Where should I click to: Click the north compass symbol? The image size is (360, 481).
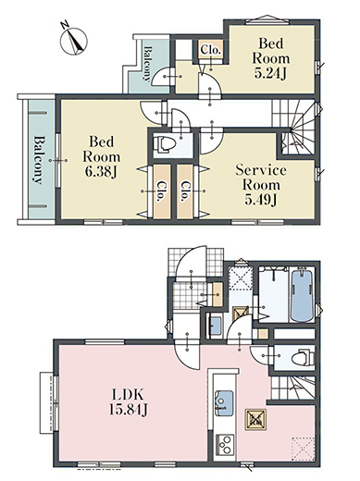[73, 40]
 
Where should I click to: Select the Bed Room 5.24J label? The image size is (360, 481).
[271, 58]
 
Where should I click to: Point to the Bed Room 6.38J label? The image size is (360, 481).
[102, 156]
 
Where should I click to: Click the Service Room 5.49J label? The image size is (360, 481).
[261, 185]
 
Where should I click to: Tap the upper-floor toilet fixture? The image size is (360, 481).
[166, 144]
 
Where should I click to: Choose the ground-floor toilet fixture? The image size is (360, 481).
[303, 357]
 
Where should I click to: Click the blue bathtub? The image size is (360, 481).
[303, 295]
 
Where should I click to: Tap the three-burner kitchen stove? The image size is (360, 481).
[225, 444]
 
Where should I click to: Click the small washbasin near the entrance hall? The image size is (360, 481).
[215, 327]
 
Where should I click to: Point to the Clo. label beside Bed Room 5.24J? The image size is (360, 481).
[211, 50]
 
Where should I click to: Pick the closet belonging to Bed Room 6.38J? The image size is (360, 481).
[162, 191]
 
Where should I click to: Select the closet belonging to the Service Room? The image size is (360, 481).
[185, 191]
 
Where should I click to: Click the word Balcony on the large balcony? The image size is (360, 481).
[38, 160]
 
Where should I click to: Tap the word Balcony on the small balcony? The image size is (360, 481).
[147, 63]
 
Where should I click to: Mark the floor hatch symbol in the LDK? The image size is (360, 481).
[255, 420]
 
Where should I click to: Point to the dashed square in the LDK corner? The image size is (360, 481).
[304, 449]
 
